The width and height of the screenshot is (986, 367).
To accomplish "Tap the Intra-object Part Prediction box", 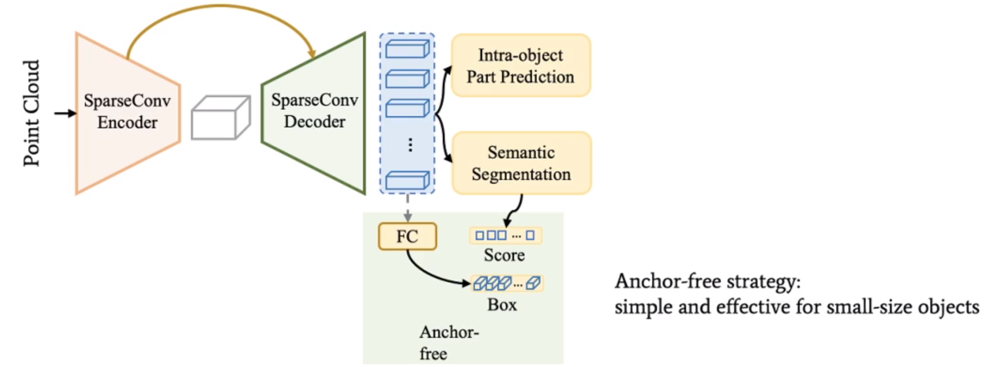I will (521, 66).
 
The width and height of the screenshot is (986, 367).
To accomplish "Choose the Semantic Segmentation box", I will (521, 163).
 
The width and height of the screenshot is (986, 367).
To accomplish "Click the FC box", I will (407, 236).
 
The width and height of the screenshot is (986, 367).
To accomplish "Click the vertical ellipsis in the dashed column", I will (410, 145).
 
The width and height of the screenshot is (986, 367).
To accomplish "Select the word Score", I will (504, 255).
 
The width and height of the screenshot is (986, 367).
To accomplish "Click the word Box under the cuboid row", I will (502, 305).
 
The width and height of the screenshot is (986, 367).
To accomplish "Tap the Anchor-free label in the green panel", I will (448, 342).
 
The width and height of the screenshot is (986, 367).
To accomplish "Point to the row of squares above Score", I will (505, 235).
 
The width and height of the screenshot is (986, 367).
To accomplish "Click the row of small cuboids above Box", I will (506, 283).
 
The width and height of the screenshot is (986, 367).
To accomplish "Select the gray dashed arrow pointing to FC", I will (407, 208).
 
